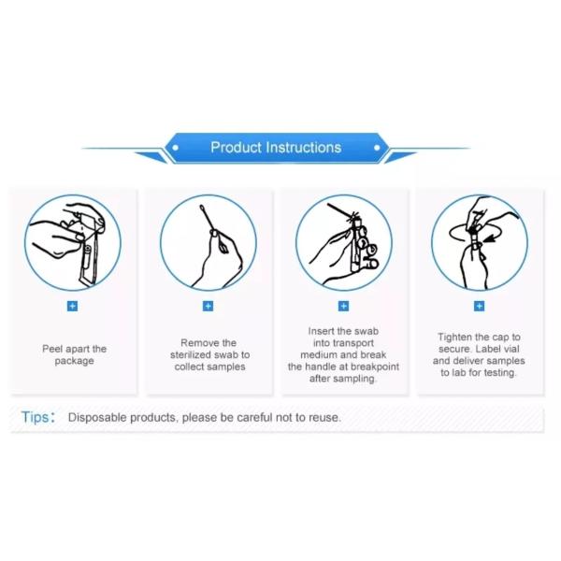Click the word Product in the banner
coord(236,148)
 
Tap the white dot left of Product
coord(176,148)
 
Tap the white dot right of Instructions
coord(377,148)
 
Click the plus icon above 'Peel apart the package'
coord(72,307)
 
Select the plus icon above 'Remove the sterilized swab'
coord(208,307)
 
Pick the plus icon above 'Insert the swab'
coord(343,307)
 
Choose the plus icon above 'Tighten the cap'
coord(479,307)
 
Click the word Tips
coord(36,417)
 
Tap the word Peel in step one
coord(52,349)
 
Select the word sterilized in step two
coord(191,355)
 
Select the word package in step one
coord(75,361)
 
